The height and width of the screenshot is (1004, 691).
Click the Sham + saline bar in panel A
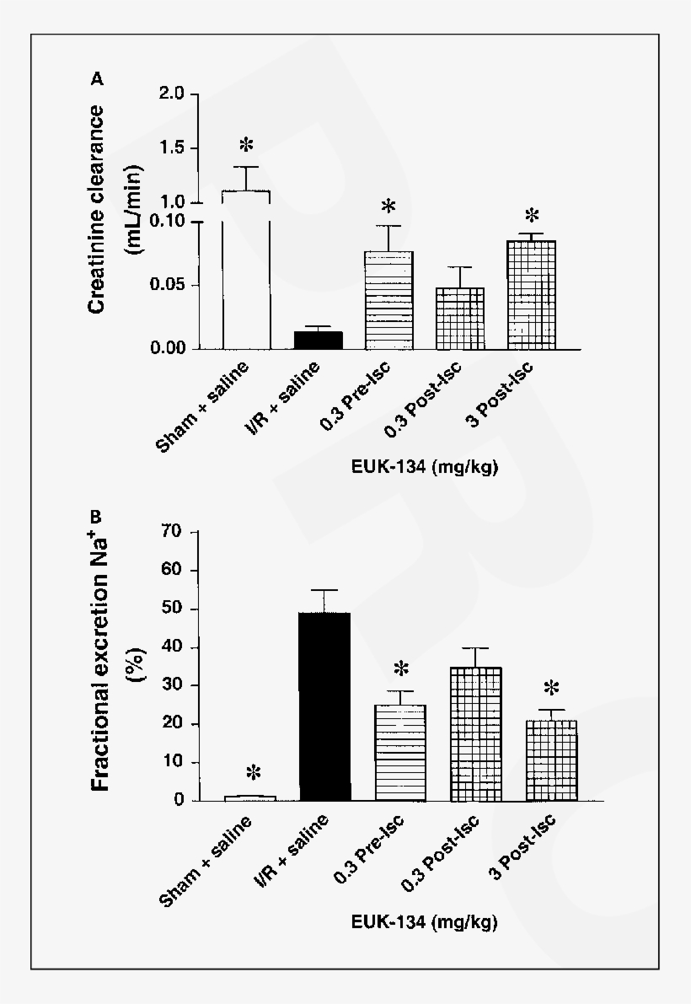(246, 270)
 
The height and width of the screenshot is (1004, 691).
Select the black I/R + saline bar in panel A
(318, 340)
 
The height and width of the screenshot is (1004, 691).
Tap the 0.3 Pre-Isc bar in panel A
(389, 300)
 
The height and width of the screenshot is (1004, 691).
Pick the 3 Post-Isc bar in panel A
(532, 295)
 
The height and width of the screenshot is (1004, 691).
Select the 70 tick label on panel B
(174, 532)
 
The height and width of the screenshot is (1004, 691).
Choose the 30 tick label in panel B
(174, 685)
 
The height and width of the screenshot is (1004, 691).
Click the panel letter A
(98, 79)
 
